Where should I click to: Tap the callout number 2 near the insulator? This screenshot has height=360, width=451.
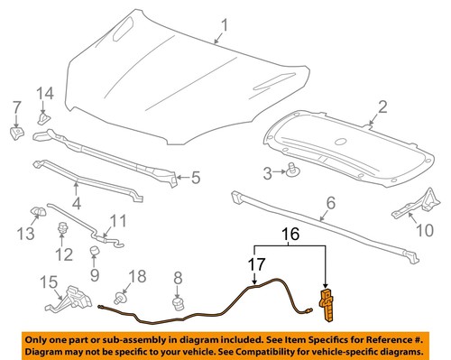pyautogui.click(x=382, y=107)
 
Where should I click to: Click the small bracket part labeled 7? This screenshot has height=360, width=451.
pyautogui.click(x=15, y=133)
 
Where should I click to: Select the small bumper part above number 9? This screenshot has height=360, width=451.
pyautogui.click(x=93, y=249)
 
